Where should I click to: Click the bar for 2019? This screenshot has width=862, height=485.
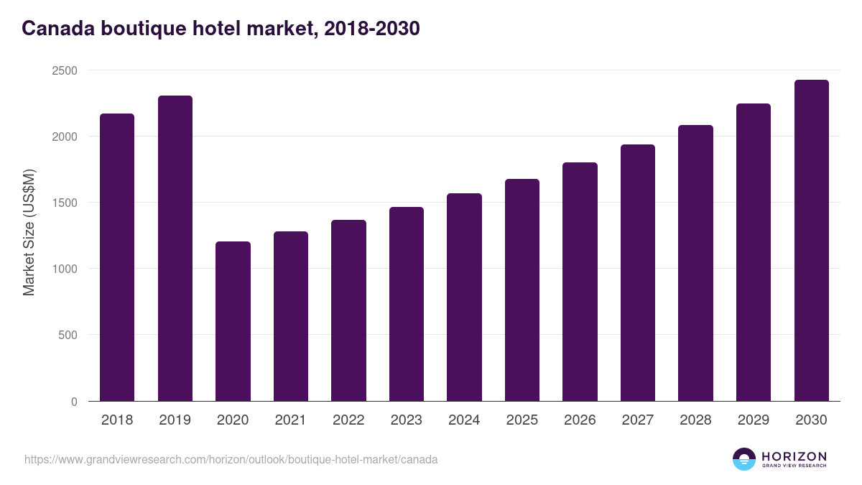(175, 248)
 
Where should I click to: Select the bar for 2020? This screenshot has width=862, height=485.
(233, 321)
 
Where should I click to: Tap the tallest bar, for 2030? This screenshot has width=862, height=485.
(811, 240)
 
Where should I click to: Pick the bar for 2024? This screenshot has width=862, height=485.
(464, 297)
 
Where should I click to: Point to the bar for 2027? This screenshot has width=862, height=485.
(638, 272)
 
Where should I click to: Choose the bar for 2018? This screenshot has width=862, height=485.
(117, 257)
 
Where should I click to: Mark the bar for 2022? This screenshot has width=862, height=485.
(348, 310)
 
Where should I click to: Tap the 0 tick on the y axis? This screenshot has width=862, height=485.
(74, 402)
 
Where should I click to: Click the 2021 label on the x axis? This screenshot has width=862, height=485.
(290, 420)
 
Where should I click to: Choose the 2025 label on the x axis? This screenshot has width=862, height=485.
(522, 420)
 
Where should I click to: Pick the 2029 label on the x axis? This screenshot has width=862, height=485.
(753, 420)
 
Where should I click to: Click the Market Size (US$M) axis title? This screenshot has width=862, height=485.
(29, 232)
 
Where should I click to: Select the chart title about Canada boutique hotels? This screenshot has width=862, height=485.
(221, 29)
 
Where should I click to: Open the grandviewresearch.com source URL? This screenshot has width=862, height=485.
(231, 459)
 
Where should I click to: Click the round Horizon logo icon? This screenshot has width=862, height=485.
(744, 459)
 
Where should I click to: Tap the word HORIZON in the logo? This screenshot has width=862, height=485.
(794, 456)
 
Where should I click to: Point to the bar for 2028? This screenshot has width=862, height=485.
(695, 263)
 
